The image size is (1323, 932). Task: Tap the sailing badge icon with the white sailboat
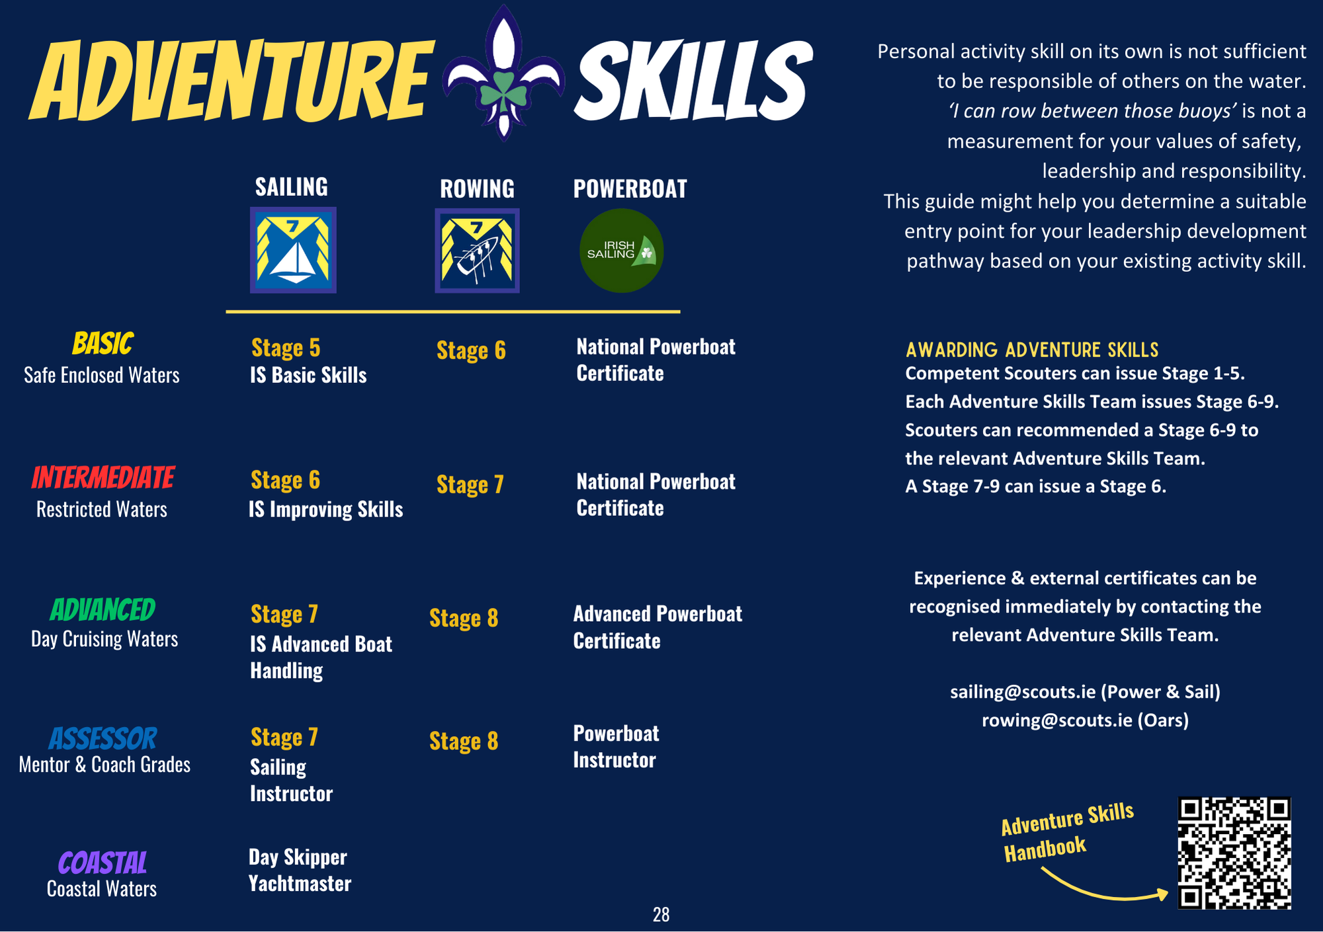(x=293, y=250)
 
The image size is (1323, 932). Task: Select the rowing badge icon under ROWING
(x=477, y=251)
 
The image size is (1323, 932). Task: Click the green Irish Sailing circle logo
(x=621, y=251)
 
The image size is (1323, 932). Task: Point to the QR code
(x=1234, y=853)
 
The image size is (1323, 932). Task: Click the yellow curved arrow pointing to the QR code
(x=1101, y=893)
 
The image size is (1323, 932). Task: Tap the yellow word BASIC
(x=103, y=344)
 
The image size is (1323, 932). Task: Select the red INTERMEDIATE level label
(x=103, y=478)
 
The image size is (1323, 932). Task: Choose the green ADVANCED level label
(x=103, y=610)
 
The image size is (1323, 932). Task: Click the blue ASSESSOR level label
(x=103, y=739)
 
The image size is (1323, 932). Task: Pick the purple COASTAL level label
(x=103, y=863)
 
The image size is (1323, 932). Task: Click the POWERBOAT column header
(x=630, y=189)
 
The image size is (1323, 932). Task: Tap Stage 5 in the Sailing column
(x=286, y=348)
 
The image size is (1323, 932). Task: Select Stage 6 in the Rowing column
(x=471, y=351)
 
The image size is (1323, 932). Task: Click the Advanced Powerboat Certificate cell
(x=658, y=627)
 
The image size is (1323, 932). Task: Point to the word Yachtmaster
(x=300, y=884)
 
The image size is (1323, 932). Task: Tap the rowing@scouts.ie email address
(x=1057, y=720)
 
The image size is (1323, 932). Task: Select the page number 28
(x=661, y=915)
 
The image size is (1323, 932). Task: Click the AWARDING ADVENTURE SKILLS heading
(x=1032, y=350)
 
